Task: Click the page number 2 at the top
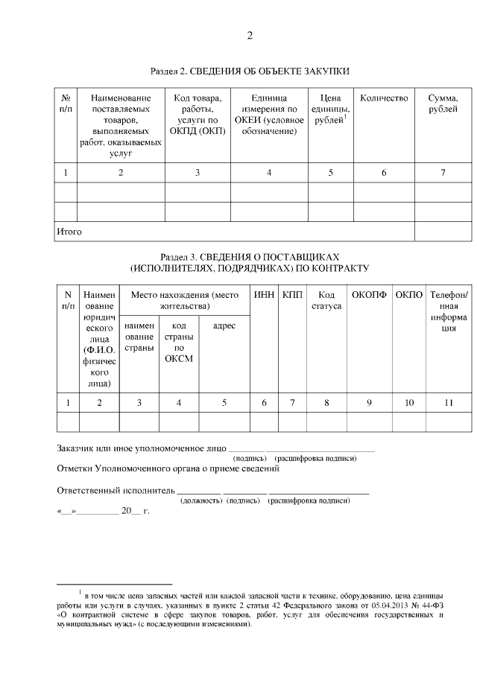coord(250,36)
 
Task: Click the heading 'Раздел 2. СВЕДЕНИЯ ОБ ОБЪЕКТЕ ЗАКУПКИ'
coord(250,71)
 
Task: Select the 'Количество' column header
coord(384,98)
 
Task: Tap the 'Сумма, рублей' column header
coord(443,104)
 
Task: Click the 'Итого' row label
coord(69,232)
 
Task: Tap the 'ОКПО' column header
coord(409,295)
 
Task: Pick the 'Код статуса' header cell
coord(326,300)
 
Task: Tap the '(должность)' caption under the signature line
coord(201,501)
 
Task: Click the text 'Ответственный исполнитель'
coord(116,491)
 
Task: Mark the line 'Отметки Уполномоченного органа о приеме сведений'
coord(168,469)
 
